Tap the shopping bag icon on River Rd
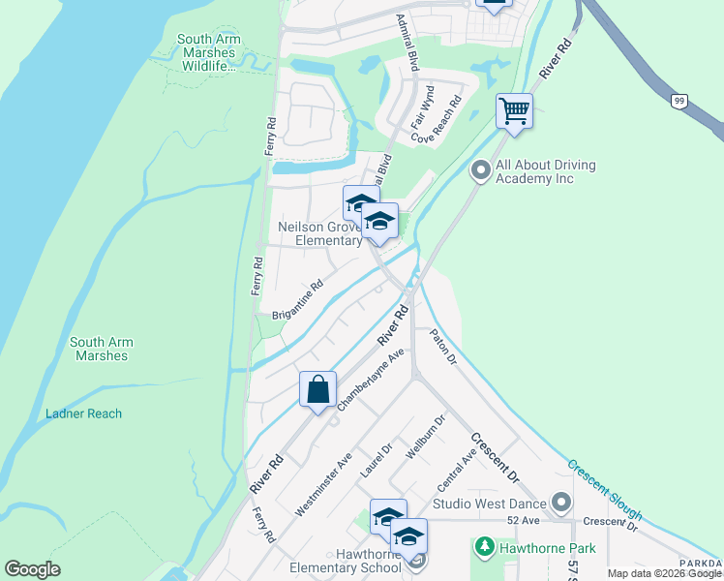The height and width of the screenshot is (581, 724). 317,390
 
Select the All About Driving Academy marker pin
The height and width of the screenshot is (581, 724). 480,171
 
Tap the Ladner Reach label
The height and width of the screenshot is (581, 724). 84,413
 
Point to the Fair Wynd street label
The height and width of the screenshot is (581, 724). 422,107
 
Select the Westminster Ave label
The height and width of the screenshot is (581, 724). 324,485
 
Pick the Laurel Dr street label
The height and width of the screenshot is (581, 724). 375,460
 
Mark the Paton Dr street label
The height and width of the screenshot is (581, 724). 441,347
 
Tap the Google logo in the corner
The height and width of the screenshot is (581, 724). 32,568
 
